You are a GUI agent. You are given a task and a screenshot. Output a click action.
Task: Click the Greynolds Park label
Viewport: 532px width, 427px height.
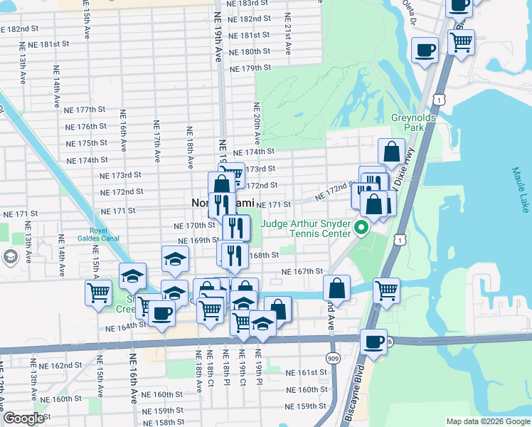click(x=408, y=122)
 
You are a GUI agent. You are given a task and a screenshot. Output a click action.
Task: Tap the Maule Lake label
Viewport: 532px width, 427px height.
click(x=520, y=189)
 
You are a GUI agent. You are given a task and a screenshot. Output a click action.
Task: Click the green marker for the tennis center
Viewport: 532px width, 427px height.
click(x=361, y=230)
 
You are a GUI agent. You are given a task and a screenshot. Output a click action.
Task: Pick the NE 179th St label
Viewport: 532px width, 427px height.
click(x=251, y=68)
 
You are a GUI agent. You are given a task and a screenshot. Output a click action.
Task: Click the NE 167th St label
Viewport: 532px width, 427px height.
click(x=303, y=271)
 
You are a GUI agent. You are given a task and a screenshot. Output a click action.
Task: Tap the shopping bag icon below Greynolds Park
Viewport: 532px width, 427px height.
click(x=391, y=151)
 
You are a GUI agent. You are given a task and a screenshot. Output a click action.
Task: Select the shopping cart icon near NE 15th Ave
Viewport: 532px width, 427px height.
click(x=98, y=291)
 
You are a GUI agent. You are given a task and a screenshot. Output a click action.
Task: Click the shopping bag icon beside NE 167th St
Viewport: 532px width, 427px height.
click(x=337, y=288)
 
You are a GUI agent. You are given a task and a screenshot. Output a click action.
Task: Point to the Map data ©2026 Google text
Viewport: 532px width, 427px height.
click(x=488, y=421)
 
